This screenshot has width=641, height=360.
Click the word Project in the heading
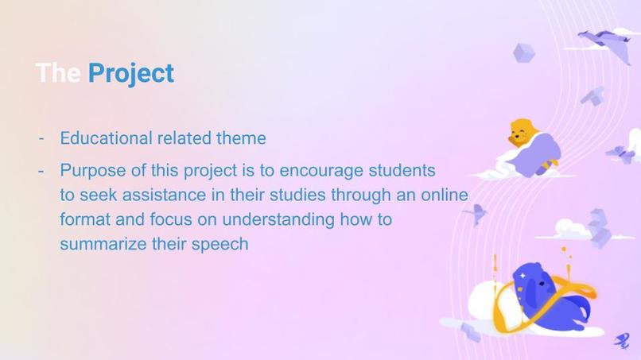(x=130, y=73)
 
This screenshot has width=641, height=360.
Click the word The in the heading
(x=58, y=73)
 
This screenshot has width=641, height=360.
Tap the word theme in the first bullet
(x=241, y=137)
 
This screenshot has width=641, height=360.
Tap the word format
(x=84, y=219)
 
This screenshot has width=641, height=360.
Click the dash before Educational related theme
(x=40, y=137)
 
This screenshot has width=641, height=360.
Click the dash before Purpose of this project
(x=40, y=171)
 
